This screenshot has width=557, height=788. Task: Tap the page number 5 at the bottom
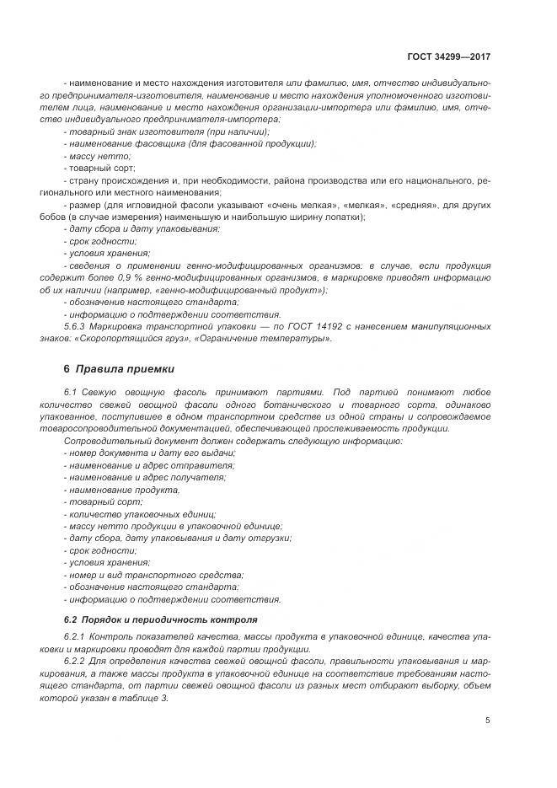[488, 721]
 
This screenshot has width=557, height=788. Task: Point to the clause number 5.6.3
[77, 327]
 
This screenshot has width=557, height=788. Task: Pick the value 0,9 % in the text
[142, 277]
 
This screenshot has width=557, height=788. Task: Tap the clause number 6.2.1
[77, 636]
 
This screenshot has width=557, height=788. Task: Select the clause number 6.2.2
[77, 662]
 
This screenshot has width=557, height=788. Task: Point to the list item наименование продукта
[123, 490]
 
